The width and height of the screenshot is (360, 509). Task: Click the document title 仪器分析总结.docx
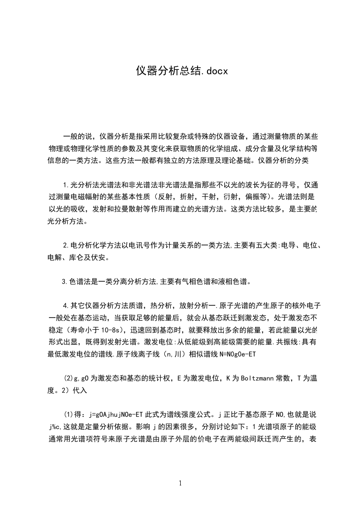(x=181, y=71)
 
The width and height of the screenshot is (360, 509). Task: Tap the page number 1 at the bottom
(x=180, y=483)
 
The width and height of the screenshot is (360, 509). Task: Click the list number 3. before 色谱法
(x=64, y=281)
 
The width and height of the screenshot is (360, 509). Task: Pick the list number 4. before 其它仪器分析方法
(x=66, y=305)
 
